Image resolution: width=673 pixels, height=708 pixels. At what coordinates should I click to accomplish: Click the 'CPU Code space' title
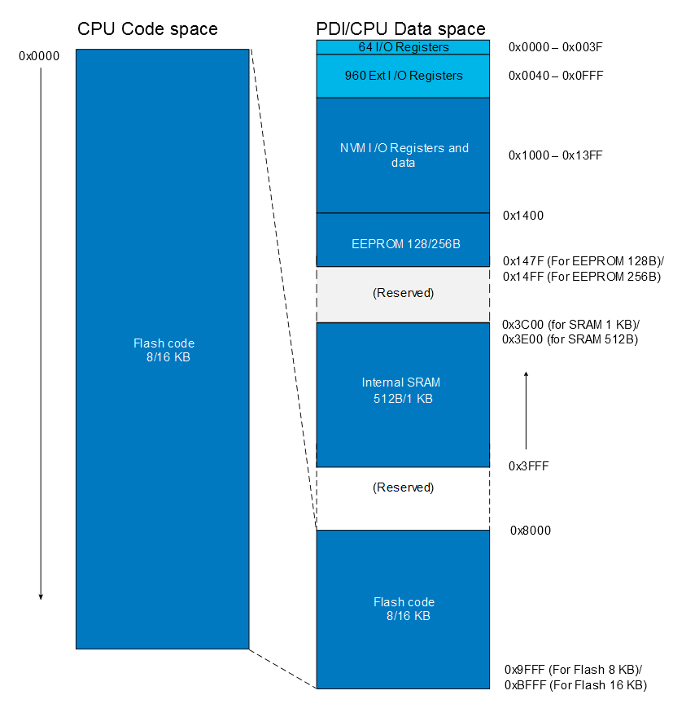(147, 29)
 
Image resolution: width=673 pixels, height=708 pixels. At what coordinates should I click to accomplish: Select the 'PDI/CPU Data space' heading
(400, 29)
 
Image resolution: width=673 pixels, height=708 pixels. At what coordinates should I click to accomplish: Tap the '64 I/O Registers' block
(403, 47)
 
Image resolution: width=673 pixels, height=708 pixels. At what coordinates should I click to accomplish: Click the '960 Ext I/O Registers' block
(403, 76)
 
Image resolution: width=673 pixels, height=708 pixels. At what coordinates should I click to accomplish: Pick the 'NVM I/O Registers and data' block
(403, 155)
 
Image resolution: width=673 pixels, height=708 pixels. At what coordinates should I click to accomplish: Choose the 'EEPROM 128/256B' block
(403, 242)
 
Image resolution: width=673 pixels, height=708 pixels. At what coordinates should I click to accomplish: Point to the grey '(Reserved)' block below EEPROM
(403, 293)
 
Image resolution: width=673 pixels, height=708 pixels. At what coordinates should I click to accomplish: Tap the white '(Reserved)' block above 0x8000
(403, 488)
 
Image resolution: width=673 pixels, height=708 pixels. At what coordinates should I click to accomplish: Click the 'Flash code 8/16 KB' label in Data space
(404, 609)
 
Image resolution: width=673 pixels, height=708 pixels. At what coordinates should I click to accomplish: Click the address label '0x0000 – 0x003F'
(555, 47)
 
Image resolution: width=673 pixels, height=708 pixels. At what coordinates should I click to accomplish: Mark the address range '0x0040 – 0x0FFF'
(555, 76)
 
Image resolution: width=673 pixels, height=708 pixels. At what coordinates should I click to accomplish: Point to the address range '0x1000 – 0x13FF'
(555, 155)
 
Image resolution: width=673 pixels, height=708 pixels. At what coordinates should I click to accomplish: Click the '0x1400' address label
(523, 216)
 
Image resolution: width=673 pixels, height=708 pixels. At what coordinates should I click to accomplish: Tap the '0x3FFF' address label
(527, 466)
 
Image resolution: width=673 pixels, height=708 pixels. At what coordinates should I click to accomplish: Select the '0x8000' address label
(531, 531)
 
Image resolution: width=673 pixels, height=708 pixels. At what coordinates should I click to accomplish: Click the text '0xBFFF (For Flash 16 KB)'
(575, 685)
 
